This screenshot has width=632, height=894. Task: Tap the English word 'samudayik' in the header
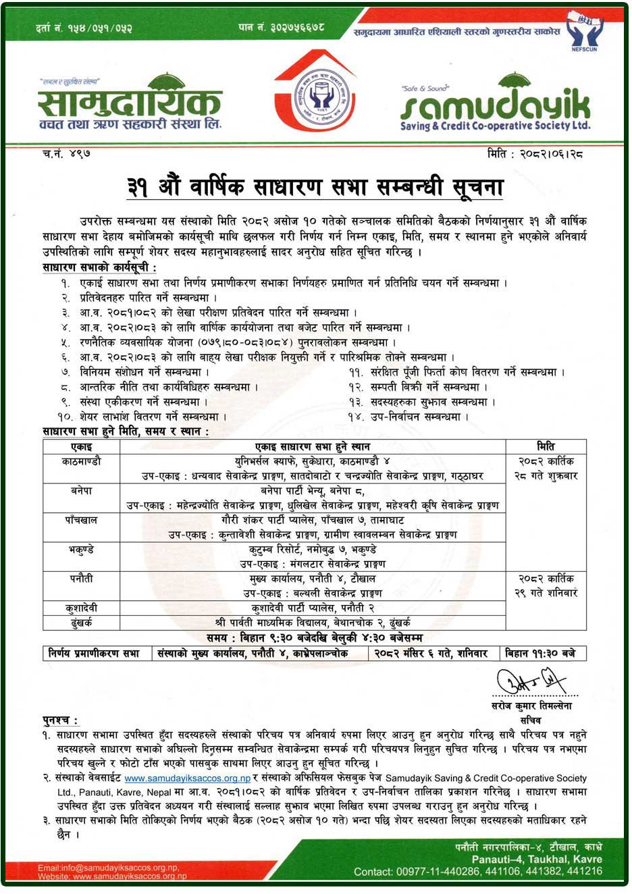495,106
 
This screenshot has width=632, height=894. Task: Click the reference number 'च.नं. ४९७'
66,154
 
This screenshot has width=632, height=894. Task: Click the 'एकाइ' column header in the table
81,447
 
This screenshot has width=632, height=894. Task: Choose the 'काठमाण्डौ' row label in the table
81,462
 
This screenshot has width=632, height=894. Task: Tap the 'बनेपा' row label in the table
81,491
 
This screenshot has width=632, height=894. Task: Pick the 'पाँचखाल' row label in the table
81,521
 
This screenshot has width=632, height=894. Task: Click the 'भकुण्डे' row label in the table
81,550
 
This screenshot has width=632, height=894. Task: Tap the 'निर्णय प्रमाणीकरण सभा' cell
94,654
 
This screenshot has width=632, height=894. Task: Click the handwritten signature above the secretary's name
531,683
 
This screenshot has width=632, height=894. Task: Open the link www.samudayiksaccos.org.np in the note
187,779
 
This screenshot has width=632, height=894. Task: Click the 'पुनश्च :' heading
60,721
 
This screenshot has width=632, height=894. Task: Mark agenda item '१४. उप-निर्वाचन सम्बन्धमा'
409,417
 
